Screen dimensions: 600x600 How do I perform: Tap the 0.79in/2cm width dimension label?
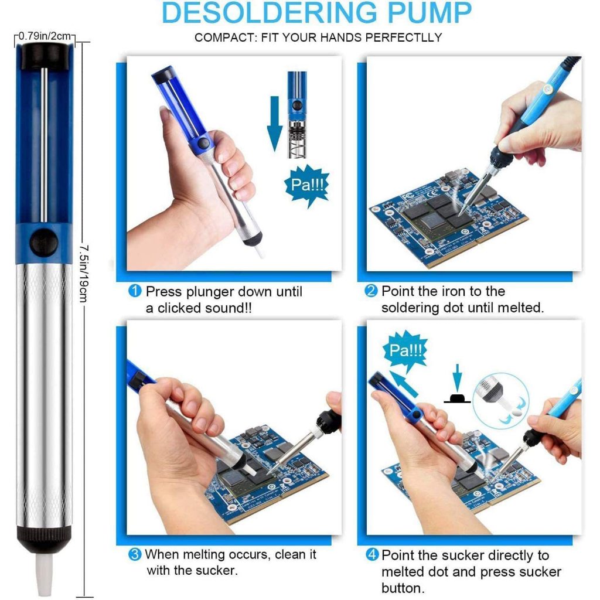(x=45, y=36)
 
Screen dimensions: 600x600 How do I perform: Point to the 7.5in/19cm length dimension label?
(x=84, y=274)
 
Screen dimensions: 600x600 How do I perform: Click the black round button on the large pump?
(x=44, y=243)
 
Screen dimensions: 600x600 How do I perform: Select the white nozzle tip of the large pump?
(x=44, y=575)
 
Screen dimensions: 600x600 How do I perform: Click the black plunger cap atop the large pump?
(x=45, y=56)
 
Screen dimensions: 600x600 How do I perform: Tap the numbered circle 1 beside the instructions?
(x=135, y=291)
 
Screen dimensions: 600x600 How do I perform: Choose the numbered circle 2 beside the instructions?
(x=371, y=291)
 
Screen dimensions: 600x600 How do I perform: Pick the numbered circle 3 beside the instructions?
(x=135, y=554)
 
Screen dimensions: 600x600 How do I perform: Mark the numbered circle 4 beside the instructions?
(x=372, y=554)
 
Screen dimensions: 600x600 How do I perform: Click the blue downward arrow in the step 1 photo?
(x=274, y=123)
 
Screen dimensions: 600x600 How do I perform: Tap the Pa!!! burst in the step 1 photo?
(x=307, y=185)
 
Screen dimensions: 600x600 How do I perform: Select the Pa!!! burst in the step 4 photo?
(x=405, y=350)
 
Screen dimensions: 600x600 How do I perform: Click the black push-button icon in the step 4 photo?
(x=457, y=398)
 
